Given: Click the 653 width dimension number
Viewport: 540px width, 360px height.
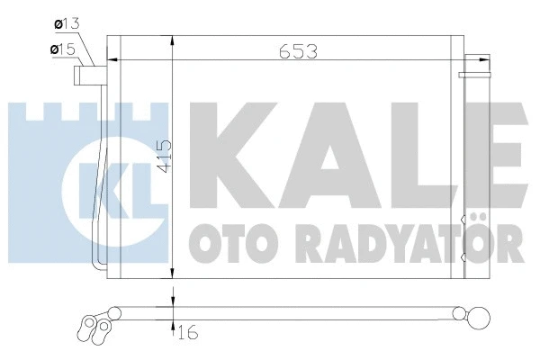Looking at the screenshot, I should [x=296, y=52].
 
